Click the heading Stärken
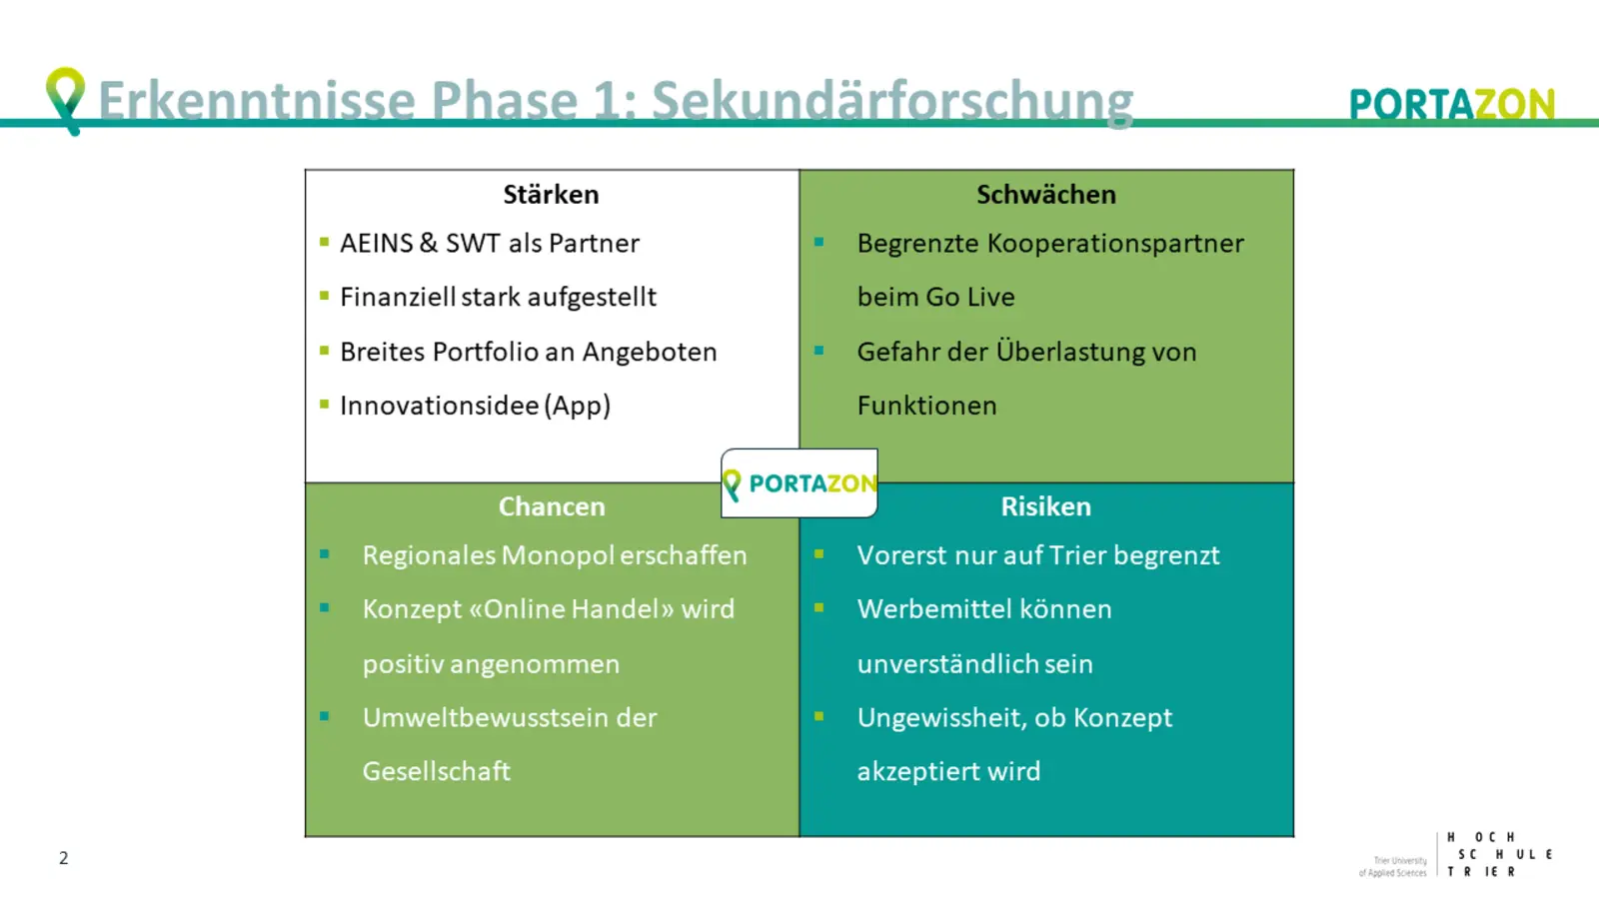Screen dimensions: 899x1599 [551, 195]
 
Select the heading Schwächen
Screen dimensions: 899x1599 [1045, 195]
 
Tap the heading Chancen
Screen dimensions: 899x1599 [552, 506]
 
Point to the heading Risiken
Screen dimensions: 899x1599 [1045, 506]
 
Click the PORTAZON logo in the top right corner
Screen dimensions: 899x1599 [1451, 104]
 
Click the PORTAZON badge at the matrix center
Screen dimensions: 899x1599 [799, 483]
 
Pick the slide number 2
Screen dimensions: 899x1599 [64, 858]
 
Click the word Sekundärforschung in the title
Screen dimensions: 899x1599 [892, 101]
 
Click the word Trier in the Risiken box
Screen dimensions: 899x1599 [1077, 555]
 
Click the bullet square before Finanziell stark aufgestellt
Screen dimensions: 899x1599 [324, 296]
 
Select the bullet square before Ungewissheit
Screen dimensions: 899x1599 [818, 716]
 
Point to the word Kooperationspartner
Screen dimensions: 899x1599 [1115, 244]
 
